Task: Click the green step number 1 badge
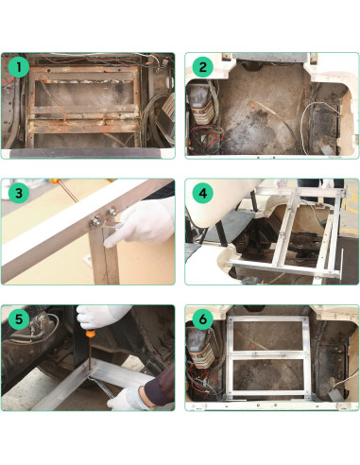(15, 67)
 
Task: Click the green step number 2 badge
(201, 67)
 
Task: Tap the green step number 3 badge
(15, 193)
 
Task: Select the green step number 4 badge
(201, 193)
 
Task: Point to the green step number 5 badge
(15, 319)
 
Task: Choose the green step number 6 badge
(201, 319)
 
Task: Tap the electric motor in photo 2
(208, 109)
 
